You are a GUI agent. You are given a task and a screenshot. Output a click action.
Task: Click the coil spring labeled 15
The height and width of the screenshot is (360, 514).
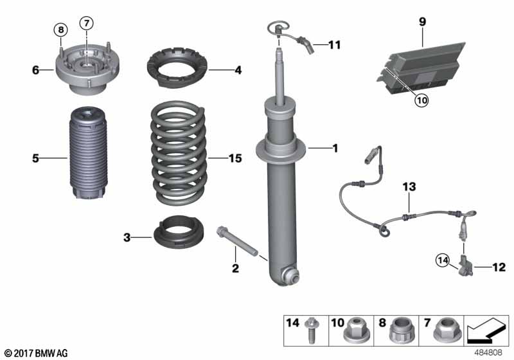point(179,153)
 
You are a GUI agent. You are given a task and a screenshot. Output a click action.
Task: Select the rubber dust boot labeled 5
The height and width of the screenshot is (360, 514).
point(87,153)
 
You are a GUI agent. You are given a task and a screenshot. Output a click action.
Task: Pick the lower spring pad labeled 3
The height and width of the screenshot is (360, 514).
point(179,232)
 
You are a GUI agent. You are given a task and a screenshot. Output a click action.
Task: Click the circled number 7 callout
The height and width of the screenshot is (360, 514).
point(87,23)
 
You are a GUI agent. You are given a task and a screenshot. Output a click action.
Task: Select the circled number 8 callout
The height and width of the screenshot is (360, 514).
point(61,30)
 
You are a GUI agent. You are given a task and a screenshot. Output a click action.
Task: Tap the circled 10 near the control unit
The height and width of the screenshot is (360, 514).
point(421,100)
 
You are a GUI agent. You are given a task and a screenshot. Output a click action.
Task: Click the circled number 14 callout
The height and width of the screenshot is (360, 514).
point(443,260)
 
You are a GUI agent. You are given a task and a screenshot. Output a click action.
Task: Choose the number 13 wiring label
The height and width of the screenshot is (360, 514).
point(409,187)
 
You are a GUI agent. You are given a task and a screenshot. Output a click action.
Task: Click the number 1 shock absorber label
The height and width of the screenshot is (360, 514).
point(335,148)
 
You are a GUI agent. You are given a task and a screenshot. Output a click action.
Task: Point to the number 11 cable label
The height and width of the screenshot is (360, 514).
point(335,44)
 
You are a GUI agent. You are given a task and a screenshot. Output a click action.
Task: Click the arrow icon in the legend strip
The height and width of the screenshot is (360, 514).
point(486,330)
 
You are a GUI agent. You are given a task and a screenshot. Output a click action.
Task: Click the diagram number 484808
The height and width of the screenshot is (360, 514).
point(488,352)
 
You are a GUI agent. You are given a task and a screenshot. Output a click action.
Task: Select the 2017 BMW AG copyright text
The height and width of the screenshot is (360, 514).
point(37,353)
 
